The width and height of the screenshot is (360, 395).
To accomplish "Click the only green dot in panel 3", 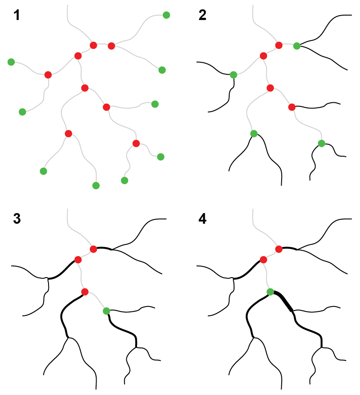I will [x=106, y=311].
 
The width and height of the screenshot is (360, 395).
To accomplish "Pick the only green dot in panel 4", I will [x=270, y=292].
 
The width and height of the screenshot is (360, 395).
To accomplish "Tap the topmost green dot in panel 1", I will [x=166, y=15].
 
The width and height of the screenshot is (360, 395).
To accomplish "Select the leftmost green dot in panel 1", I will [x=11, y=62].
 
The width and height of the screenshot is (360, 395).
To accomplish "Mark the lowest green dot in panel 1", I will [x=96, y=185].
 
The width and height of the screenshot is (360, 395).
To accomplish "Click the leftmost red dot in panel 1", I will [x=48, y=75].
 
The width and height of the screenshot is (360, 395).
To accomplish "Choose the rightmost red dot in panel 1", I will [x=136, y=143].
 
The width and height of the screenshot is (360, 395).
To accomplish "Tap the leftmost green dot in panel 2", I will [x=234, y=75].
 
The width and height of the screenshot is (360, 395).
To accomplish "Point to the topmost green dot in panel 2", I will [x=297, y=46].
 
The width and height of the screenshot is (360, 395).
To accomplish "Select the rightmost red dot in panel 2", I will [x=292, y=107].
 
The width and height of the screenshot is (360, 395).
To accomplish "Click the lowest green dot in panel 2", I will [x=322, y=143].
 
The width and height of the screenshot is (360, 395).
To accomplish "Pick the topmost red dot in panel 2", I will [x=279, y=45].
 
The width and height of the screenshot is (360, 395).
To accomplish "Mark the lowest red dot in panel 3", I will [x=85, y=292].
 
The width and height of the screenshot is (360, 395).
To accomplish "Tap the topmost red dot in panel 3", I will [x=93, y=249].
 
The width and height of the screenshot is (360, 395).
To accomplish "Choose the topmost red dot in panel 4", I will [x=279, y=249].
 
